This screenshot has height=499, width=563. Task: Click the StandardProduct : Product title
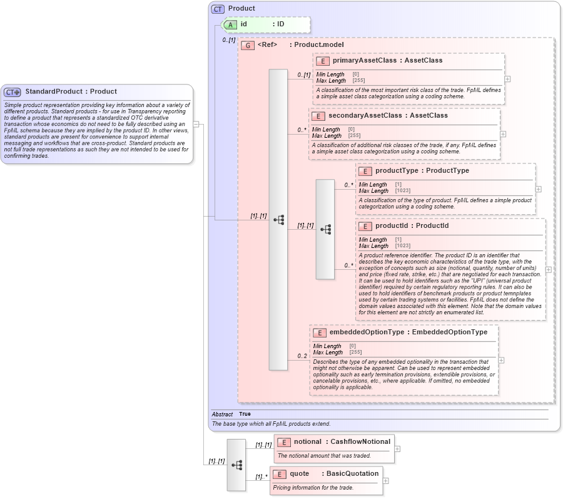[71, 91]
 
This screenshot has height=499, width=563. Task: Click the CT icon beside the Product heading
[218, 9]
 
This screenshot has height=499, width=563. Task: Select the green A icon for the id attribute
[231, 24]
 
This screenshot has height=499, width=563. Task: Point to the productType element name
[396, 170]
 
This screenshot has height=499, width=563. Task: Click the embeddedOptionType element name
[367, 332]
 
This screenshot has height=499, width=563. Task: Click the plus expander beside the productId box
[549, 269]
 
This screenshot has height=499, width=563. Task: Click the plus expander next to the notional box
[397, 448]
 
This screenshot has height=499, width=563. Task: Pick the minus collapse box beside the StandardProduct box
[196, 124]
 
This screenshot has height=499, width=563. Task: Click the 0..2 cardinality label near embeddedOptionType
[302, 356]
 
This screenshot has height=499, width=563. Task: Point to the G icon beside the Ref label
[248, 46]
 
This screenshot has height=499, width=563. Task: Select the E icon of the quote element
[278, 474]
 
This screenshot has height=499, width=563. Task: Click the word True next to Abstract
[245, 414]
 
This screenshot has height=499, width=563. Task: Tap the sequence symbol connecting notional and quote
[236, 465]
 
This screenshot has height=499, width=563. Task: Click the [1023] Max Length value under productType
[402, 190]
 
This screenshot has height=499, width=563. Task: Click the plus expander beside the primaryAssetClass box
[507, 79]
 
